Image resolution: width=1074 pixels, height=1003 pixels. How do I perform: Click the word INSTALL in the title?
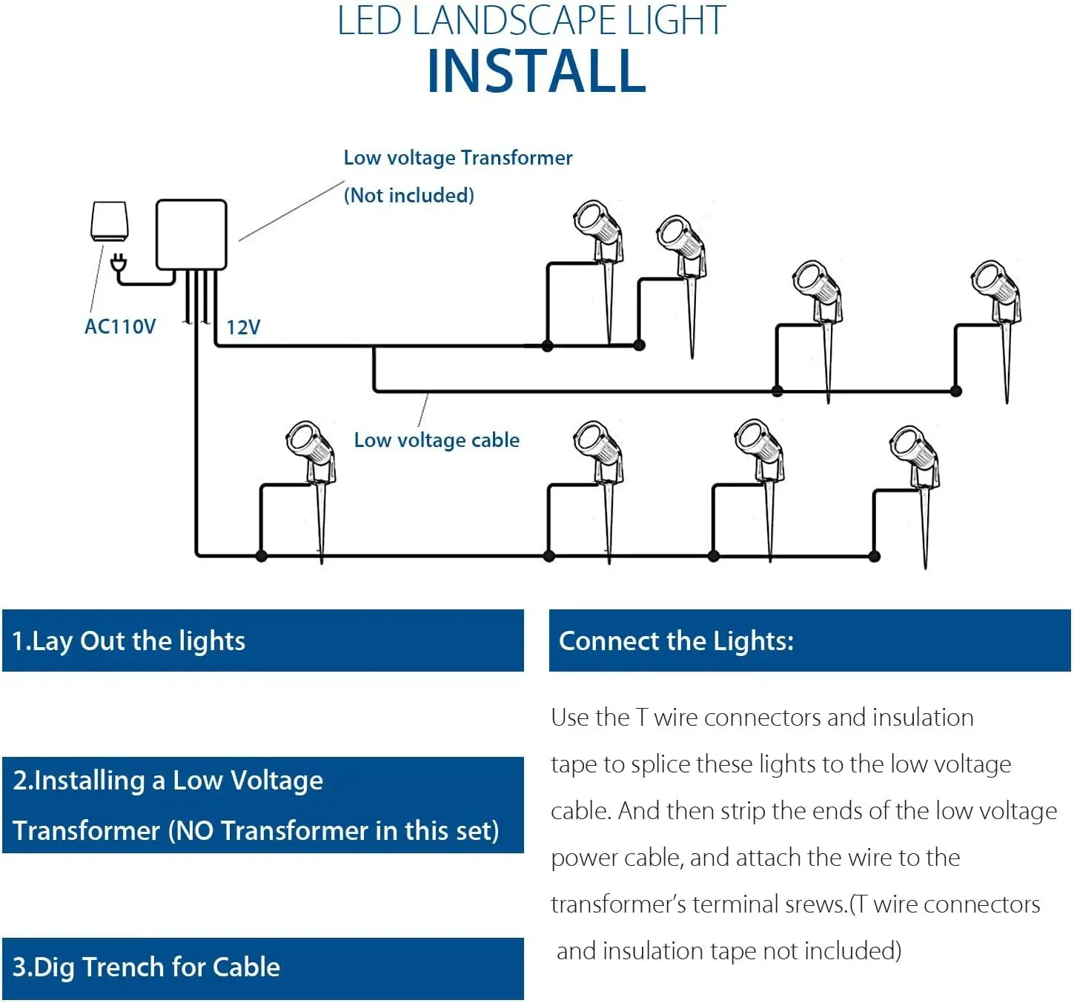pos(537,72)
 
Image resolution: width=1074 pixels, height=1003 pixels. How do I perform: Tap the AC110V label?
pos(120,327)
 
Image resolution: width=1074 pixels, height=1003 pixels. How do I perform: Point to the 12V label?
pos(243,328)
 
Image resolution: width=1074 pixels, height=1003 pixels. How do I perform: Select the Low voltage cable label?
pos(437,440)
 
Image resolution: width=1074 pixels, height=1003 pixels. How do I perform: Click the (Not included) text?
pos(408,196)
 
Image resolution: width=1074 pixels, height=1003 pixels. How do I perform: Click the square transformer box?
pos(190,234)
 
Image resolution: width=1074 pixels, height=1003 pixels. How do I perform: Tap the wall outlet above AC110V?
pos(109,221)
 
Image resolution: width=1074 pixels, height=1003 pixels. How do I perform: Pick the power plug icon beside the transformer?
pos(118,264)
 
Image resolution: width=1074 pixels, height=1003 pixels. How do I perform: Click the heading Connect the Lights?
pos(676,641)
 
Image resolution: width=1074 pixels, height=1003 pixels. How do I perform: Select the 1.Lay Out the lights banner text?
pos(129,641)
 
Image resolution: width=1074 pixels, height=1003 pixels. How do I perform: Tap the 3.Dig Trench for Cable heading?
pos(147,967)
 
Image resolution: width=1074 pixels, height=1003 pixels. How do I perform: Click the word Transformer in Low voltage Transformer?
pos(517,158)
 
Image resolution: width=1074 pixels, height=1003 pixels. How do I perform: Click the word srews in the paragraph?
pos(820,904)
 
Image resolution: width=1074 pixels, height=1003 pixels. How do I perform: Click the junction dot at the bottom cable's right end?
pos(875,556)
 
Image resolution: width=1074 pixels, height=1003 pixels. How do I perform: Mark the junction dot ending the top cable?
pos(640,345)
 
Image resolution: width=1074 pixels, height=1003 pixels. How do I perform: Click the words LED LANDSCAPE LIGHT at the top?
pos(531,21)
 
